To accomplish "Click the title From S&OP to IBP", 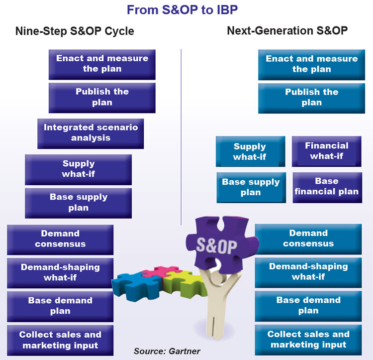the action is [182, 10].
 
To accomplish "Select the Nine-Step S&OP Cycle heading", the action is [75, 31].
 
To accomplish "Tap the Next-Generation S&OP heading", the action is [287, 31].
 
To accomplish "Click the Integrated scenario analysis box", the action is [91, 134].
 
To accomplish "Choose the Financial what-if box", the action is [327, 151].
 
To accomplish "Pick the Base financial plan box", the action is [327, 188].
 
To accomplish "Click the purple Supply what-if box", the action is [78, 170].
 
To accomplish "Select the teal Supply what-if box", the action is [251, 151].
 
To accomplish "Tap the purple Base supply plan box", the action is [78, 203].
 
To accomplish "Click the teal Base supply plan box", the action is [251, 188].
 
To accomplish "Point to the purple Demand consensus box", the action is [60, 240].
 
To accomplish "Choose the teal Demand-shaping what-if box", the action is [308, 273].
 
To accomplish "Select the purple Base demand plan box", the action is [60, 307].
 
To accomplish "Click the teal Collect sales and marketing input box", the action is [308, 340].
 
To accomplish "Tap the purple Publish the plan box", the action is [102, 98].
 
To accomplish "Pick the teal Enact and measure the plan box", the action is [312, 65].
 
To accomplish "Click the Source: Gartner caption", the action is [167, 351].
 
